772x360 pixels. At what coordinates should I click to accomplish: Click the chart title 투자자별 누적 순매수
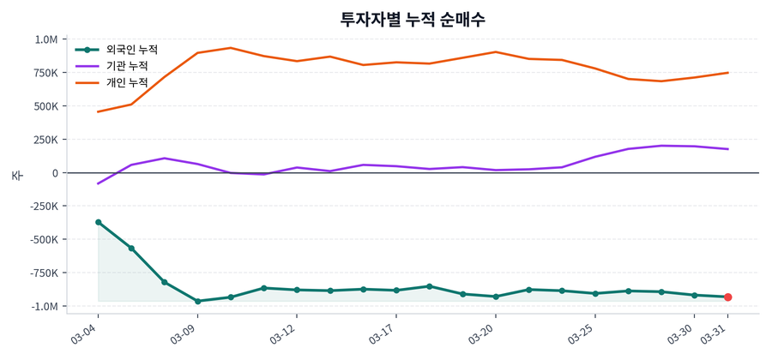pos(413,19)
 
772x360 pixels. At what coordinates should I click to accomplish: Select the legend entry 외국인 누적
pos(125,50)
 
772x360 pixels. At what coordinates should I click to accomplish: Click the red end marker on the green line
pos(728,297)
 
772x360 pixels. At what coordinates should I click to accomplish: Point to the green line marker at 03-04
pos(98,222)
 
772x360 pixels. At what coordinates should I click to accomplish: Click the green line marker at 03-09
pos(197,301)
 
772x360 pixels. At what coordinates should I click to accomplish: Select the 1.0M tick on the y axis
pos(46,39)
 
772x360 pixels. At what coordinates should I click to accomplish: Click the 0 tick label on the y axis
pos(55,173)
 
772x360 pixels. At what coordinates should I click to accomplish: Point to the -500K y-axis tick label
pos(42,240)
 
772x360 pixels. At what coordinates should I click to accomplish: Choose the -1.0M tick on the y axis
pos(43,306)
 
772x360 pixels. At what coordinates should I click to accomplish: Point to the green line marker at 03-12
pos(297,290)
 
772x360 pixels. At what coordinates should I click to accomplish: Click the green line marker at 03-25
pos(595,294)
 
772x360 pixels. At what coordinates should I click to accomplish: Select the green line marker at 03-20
pos(496,297)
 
